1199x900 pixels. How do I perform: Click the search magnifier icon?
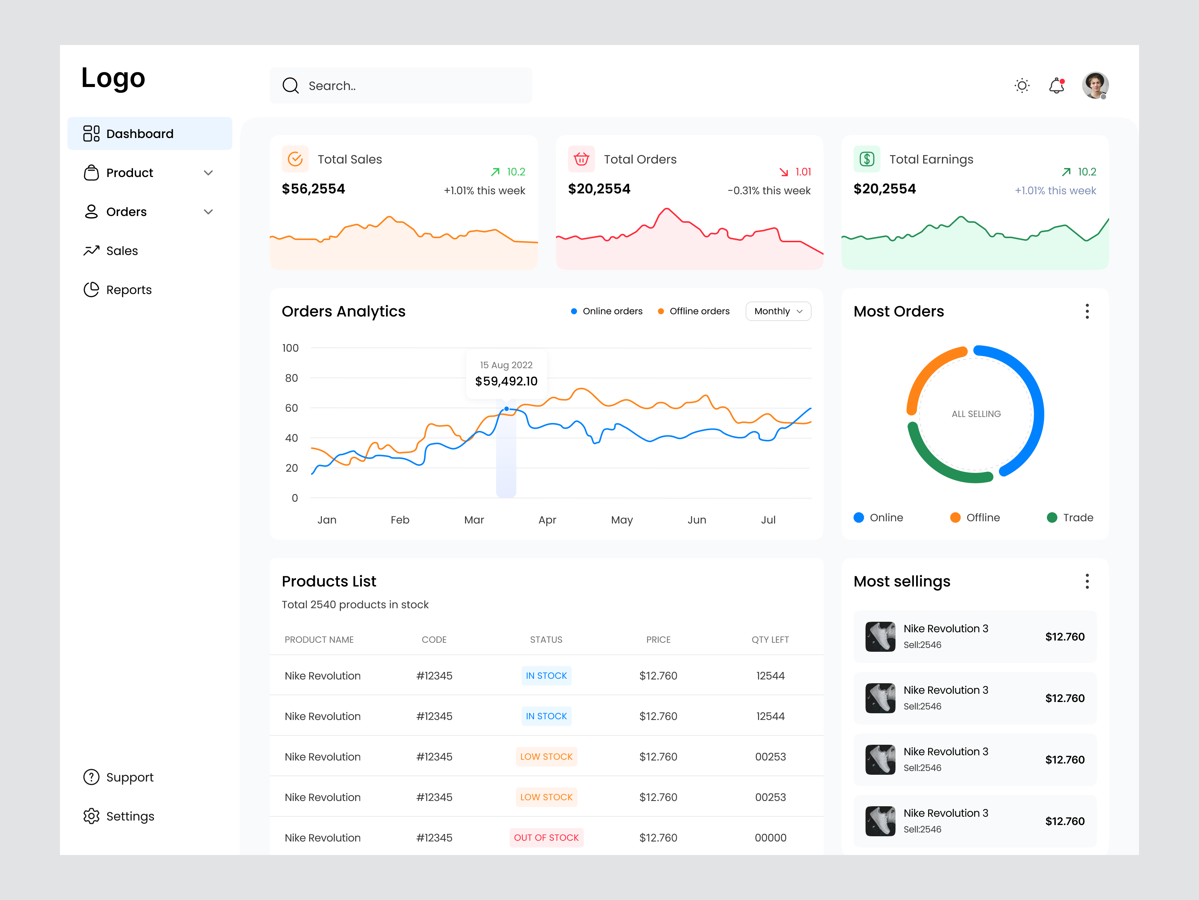coord(290,86)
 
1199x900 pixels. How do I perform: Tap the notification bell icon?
coord(1057,86)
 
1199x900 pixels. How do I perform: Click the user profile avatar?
coord(1095,85)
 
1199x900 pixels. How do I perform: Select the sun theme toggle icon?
coord(1022,86)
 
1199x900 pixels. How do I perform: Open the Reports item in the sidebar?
coord(129,290)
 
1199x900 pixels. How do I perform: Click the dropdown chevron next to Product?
coord(208,173)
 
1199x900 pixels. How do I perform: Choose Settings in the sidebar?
coord(130,816)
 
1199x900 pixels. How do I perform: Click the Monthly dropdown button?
coord(778,311)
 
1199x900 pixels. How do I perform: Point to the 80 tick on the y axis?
coord(292,378)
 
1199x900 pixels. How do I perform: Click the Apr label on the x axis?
coord(547,520)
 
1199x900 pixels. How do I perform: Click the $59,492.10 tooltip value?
coord(506,381)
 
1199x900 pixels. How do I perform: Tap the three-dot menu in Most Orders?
coord(1087,311)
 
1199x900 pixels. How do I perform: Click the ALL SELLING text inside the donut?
coord(976,414)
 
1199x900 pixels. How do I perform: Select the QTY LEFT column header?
coord(770,640)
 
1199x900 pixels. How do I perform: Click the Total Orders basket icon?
coord(581,159)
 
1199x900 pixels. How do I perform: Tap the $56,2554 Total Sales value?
coord(313,189)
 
